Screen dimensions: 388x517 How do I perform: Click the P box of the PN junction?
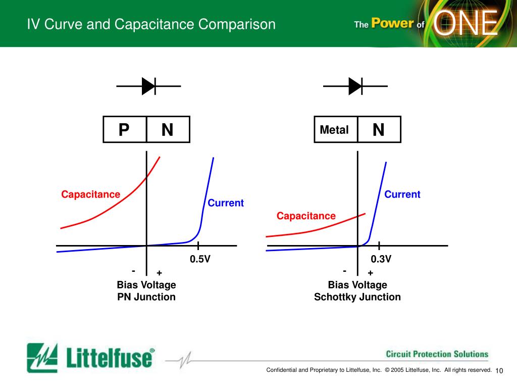point(124,130)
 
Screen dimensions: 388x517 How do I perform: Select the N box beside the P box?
point(168,130)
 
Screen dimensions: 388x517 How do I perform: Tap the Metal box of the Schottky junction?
point(334,130)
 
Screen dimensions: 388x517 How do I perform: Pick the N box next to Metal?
point(379,130)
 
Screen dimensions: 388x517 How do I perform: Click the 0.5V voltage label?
point(200,259)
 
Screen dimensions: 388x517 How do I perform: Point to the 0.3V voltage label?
point(381,259)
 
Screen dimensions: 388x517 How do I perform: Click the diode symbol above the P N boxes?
point(149,86)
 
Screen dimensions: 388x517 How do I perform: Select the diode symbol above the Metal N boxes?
point(355,86)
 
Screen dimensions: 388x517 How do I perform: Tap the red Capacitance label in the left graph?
point(91,195)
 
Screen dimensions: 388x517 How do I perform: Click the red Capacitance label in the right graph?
point(306,216)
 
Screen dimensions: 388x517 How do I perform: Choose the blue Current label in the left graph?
point(226,203)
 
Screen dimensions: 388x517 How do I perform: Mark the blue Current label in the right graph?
point(402,195)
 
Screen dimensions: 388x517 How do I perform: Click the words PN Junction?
point(146,297)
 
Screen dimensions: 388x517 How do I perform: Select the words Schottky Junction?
point(357,297)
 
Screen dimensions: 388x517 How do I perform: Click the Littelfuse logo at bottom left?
point(91,358)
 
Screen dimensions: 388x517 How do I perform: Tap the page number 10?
point(500,371)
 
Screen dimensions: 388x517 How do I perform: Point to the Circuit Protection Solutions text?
point(437,354)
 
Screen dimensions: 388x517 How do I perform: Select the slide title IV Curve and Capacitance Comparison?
point(151,24)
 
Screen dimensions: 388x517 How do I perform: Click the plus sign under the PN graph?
point(159,273)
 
